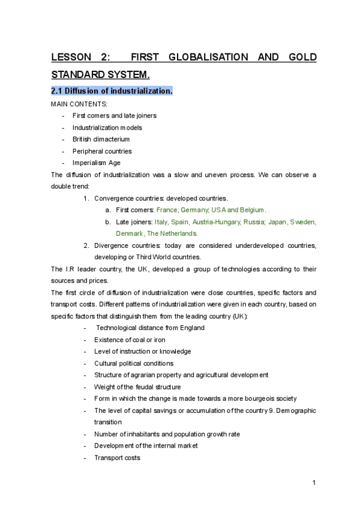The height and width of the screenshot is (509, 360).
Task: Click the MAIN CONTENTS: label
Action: point(79,104)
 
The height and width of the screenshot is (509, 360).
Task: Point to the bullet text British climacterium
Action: point(101,139)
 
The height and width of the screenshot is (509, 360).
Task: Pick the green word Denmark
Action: point(130,233)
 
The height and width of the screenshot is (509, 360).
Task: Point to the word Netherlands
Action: point(178,233)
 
